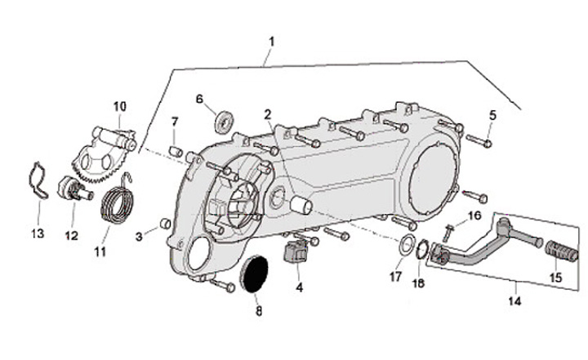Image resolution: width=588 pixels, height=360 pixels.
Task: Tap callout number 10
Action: tap(120, 106)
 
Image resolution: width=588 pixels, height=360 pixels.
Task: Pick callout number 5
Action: tap(493, 114)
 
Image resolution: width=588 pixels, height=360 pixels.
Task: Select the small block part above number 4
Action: tap(296, 251)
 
